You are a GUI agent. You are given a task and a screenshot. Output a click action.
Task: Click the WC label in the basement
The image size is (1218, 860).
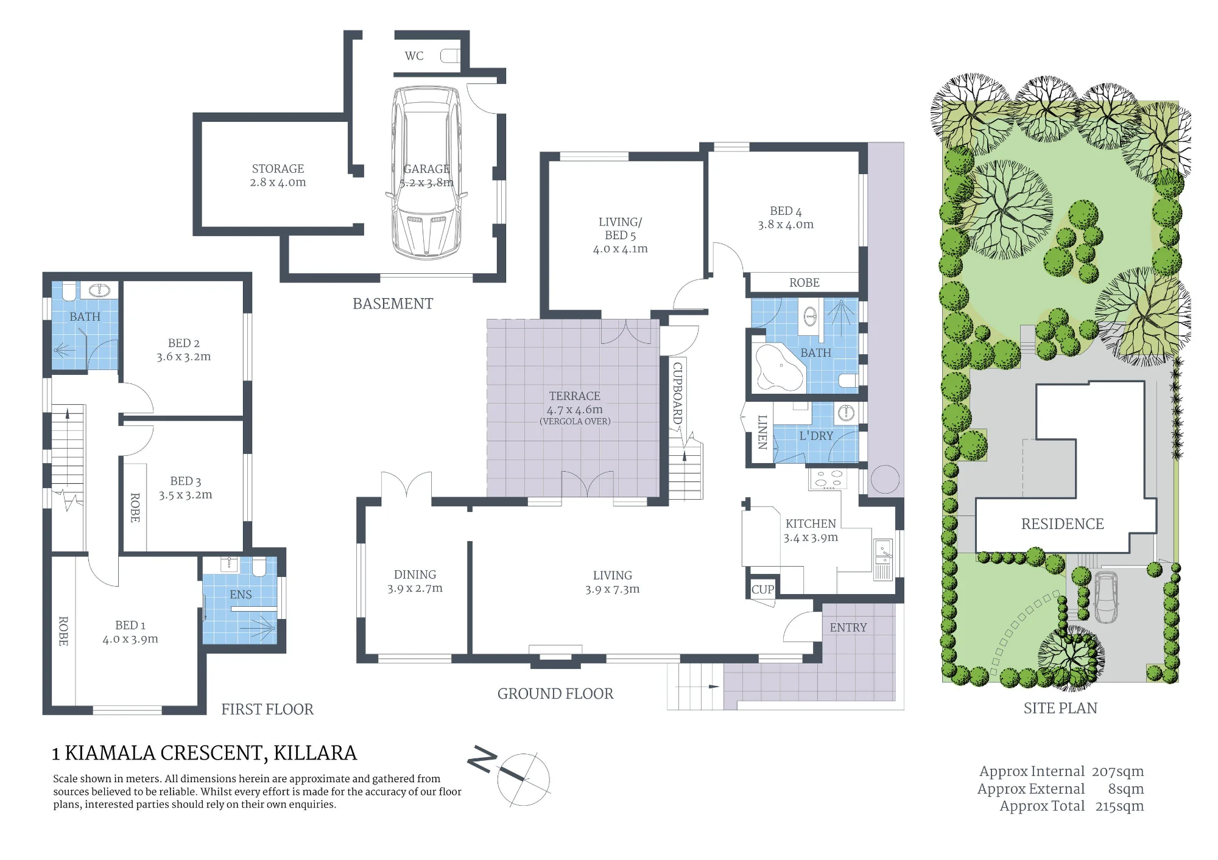tap(414, 56)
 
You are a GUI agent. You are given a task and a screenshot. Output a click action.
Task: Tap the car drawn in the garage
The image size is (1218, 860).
tap(426, 173)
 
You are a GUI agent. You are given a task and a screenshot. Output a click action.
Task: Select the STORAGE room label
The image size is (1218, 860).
tap(278, 169)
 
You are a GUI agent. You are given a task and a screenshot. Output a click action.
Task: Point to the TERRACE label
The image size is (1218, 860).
tap(574, 396)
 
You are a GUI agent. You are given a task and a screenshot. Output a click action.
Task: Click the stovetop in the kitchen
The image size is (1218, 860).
tap(828, 479)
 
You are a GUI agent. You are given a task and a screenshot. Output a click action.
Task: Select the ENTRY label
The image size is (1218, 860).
tap(848, 628)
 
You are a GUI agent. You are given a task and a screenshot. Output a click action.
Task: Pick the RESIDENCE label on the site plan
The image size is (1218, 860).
tap(1062, 524)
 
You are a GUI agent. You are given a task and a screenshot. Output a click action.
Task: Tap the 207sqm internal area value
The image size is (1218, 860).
tap(1118, 772)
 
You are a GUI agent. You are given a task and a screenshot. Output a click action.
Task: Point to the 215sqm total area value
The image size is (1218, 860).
tap(1119, 806)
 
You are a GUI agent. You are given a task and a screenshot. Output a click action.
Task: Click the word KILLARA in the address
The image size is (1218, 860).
tap(315, 753)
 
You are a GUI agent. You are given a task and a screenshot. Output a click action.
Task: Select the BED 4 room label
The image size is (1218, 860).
tap(786, 211)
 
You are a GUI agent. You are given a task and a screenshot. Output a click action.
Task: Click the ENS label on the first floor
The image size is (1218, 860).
tap(241, 595)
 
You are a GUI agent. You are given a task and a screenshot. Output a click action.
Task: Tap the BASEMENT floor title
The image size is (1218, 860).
tap(393, 304)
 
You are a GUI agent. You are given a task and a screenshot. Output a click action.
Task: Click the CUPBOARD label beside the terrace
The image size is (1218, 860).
tap(677, 393)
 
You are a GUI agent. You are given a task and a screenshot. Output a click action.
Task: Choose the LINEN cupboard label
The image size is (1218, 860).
tap(762, 432)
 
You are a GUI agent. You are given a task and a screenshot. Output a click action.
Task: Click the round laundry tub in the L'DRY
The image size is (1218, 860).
tap(846, 413)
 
